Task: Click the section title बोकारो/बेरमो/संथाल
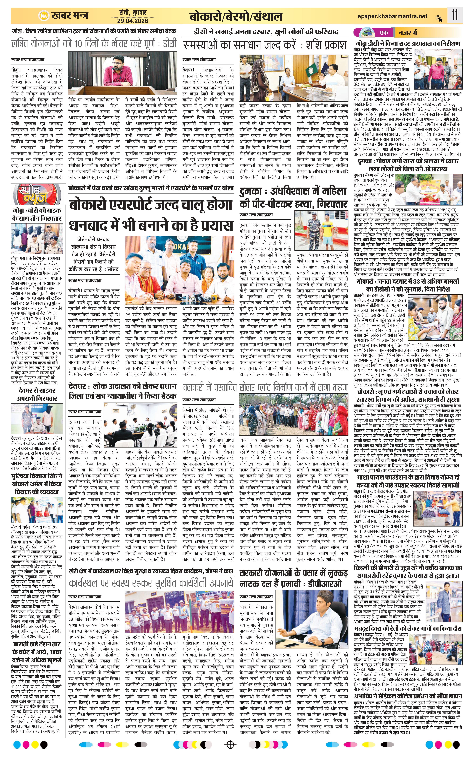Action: [x=236, y=16]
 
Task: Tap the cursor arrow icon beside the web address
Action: [x=440, y=19]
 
